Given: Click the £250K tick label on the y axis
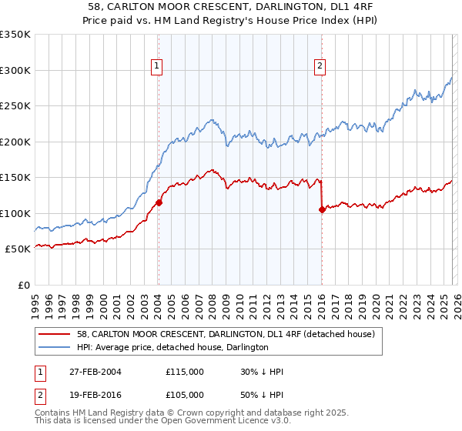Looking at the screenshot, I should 15,106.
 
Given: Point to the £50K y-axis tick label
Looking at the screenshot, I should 18,249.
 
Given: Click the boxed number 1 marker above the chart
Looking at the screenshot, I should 157,67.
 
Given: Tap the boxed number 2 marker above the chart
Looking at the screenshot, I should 320,67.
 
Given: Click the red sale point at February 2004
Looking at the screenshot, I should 159,203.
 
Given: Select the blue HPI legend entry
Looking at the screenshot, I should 172,347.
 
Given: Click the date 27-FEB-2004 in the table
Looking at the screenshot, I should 95,372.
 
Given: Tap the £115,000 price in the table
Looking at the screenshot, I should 185,372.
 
